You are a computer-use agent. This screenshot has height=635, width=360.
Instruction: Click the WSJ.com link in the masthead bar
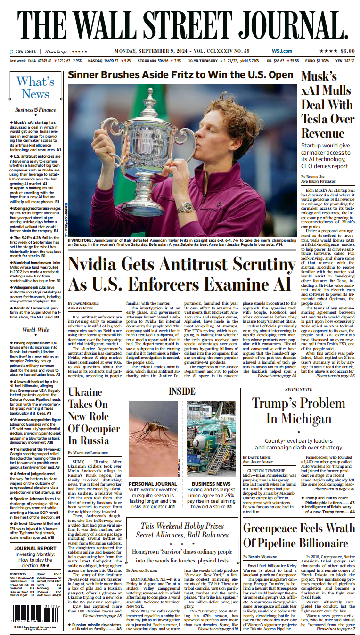pos(282,51)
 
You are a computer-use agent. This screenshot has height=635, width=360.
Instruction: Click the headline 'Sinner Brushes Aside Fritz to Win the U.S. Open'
pos(180,75)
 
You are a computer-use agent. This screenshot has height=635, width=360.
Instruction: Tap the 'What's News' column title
pos(35,87)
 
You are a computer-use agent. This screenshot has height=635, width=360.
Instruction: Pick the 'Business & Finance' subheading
pos(35,110)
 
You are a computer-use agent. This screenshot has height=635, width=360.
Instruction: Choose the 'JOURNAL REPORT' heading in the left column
pos(35,548)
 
